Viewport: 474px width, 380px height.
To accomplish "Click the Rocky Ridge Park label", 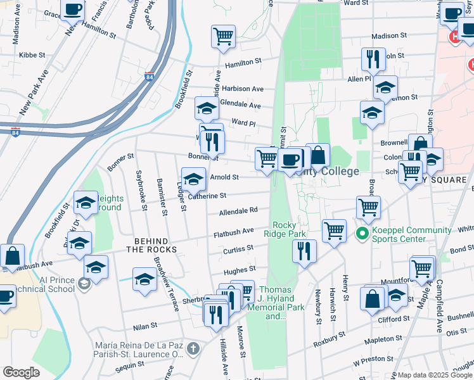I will tap(289, 229).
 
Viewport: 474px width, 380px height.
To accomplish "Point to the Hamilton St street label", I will tap(243, 62).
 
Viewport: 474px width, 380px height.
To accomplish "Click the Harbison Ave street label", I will tap(243, 89).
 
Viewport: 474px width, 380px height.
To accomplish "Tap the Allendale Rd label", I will tap(238, 211).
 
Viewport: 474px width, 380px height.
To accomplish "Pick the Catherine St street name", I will tap(207, 196).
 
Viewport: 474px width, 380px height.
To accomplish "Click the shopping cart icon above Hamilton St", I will tap(223, 36).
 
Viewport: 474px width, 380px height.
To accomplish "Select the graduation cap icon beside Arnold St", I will tap(194, 178).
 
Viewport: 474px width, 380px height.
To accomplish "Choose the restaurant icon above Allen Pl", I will tap(373, 59).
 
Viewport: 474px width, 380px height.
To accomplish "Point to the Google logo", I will tap(21, 372).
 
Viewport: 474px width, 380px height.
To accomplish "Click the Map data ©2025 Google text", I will tap(435, 375).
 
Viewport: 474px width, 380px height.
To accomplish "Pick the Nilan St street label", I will tap(144, 327).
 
